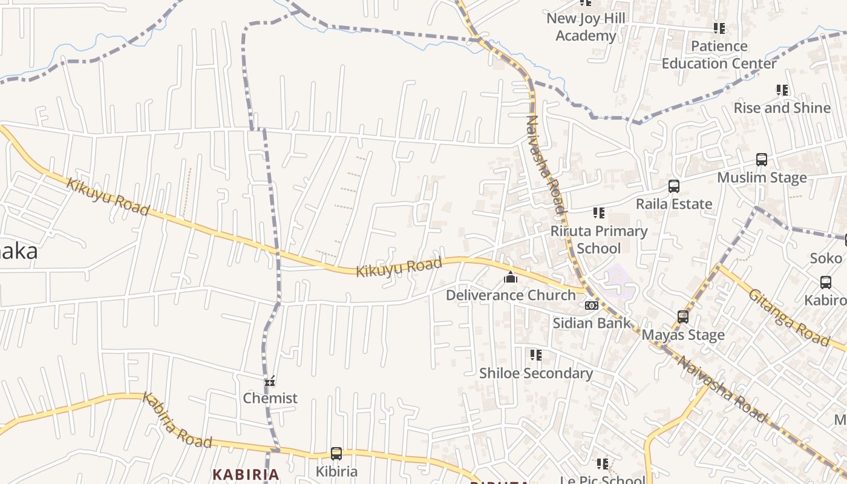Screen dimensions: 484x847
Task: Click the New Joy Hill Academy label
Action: pos(585,27)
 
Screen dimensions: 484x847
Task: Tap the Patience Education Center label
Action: pos(719,54)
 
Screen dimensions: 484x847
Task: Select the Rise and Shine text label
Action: pos(782,108)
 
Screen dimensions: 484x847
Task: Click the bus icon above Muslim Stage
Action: pos(762,160)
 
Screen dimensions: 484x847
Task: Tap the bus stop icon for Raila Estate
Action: pos(673,186)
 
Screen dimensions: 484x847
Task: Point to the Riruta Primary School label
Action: pos(598,240)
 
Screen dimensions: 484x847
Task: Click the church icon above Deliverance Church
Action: pos(511,278)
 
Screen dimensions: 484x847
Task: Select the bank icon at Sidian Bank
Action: pos(591,306)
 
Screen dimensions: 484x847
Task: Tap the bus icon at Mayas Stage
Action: pos(683,317)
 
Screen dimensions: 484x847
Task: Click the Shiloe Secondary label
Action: pos(535,373)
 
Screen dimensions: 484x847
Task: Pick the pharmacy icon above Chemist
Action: pos(270,381)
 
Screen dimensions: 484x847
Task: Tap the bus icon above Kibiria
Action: pos(336,454)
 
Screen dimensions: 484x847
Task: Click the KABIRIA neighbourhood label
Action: pos(246,474)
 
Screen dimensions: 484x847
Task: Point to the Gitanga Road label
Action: pos(789,318)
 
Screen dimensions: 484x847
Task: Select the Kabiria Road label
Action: pos(177,420)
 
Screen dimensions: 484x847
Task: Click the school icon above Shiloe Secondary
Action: pos(535,355)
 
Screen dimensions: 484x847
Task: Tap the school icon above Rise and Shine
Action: pos(782,90)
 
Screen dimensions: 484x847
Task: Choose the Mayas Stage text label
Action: pos(683,335)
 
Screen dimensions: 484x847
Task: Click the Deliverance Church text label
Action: pos(511,295)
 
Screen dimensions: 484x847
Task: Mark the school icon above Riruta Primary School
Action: pos(599,213)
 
